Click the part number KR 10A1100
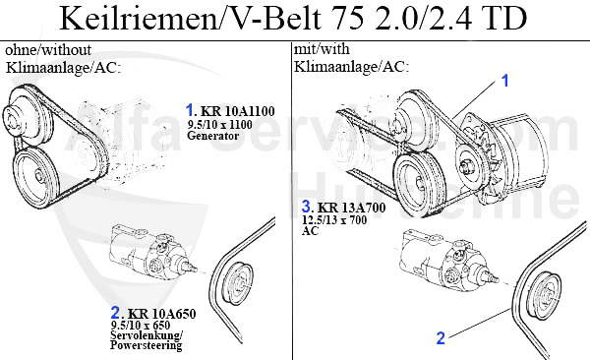pyautogui.click(x=237, y=111)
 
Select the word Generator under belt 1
pyautogui.click(x=212, y=136)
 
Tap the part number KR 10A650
pyautogui.click(x=162, y=314)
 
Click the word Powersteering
pyautogui.click(x=146, y=345)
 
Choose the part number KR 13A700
pyautogui.click(x=351, y=208)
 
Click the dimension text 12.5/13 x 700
pyautogui.click(x=334, y=219)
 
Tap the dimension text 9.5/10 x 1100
pyautogui.click(x=219, y=124)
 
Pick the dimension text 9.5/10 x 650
pyautogui.click(x=141, y=325)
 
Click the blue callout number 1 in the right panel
pyautogui.click(x=505, y=81)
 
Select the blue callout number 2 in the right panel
pyautogui.click(x=441, y=337)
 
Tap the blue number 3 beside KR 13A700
pyautogui.click(x=306, y=207)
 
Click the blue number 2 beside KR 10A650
pyautogui.click(x=115, y=313)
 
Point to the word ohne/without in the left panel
pyautogui.click(x=48, y=50)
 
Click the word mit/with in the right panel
pyautogui.click(x=322, y=49)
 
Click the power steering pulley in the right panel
pyautogui.click(x=545, y=296)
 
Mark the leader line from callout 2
pyautogui.click(x=480, y=322)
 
